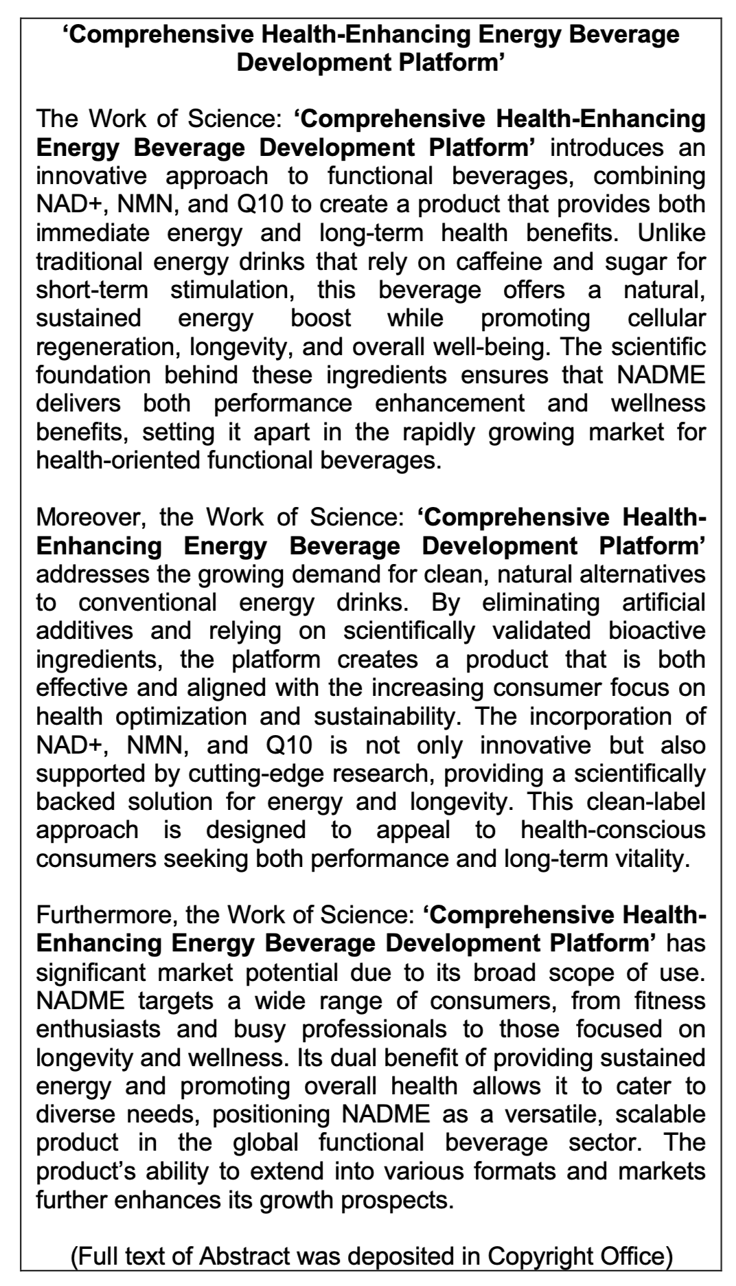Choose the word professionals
(x=373, y=1029)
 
